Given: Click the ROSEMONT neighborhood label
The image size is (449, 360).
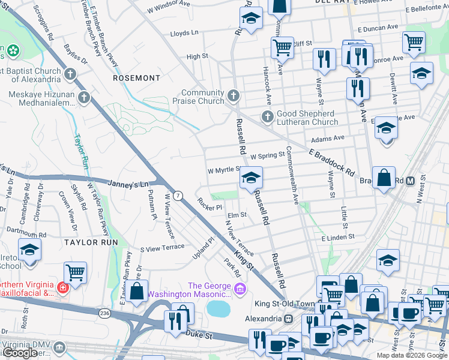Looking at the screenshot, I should [137, 78].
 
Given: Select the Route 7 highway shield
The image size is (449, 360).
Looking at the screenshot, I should [178, 196].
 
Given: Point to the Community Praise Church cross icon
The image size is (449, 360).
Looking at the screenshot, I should [234, 95].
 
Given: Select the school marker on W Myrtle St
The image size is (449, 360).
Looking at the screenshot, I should [252, 178].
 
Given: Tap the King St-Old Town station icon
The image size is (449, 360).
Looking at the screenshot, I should [288, 319].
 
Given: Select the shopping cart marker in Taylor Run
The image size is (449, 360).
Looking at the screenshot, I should [76, 272].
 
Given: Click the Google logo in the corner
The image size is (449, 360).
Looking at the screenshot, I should [20, 353].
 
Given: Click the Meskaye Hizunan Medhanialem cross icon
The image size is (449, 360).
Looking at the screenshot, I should [83, 97].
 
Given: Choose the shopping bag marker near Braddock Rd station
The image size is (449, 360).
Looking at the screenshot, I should [384, 178].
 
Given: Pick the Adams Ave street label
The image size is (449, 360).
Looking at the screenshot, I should [331, 138].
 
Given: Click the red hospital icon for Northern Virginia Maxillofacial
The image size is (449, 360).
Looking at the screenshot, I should [62, 287].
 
